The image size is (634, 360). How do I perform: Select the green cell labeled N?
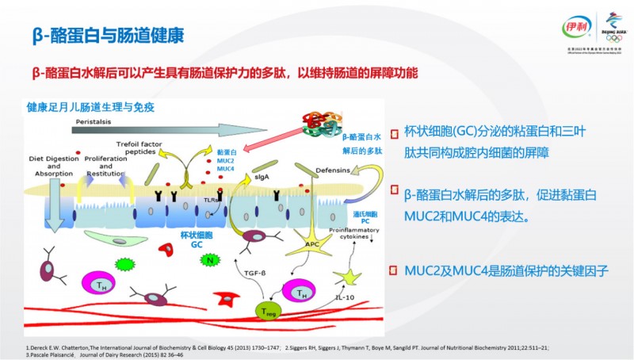(211, 259)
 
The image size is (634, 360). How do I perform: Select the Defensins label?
(333, 169)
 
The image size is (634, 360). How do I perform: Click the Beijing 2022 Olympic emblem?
(611, 24)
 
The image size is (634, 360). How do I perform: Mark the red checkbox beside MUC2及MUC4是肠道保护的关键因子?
(393, 270)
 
